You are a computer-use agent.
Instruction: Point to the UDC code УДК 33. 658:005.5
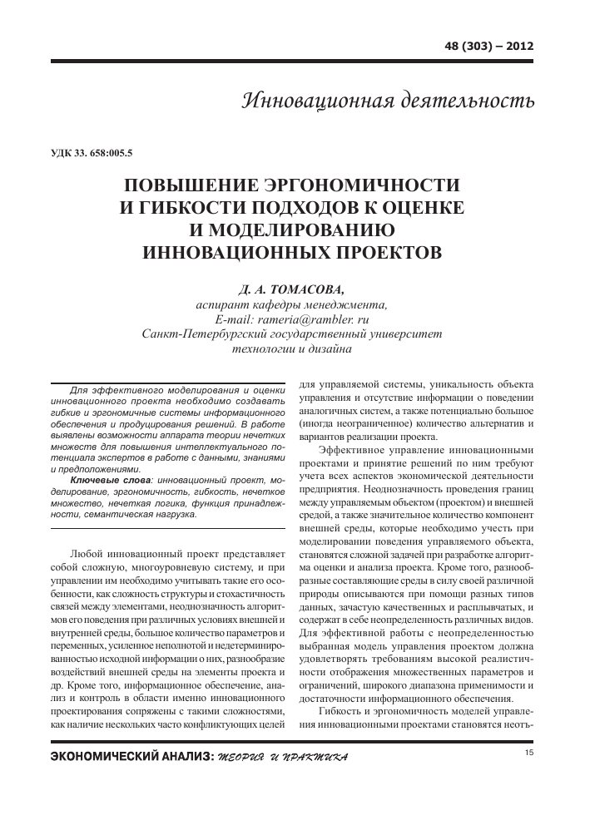click(92, 153)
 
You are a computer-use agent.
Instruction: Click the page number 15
click(529, 753)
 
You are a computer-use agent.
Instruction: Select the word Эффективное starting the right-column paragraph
click(353, 450)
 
